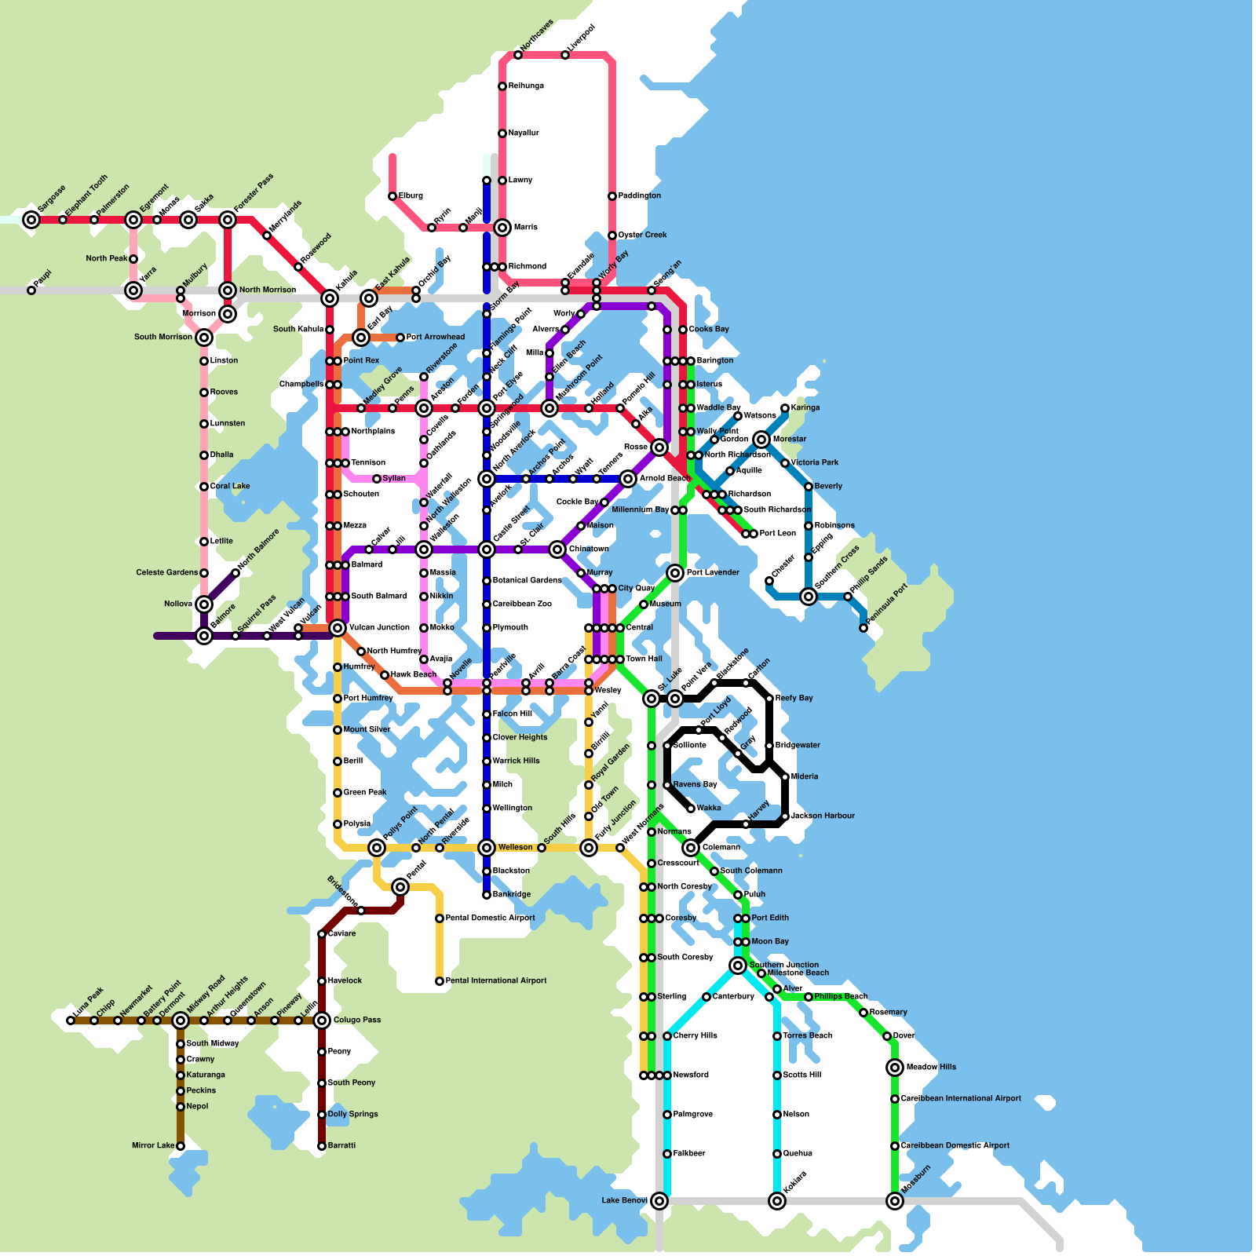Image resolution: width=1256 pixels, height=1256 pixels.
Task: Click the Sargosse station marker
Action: (31, 220)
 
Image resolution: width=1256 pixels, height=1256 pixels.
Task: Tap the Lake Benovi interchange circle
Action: (659, 1201)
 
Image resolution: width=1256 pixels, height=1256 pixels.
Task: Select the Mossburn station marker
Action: (895, 1201)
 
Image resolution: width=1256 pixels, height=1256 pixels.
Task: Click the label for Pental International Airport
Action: (495, 981)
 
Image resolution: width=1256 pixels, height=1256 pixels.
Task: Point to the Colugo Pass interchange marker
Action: (322, 1020)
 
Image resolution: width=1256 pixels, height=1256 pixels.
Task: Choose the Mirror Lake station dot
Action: (181, 1146)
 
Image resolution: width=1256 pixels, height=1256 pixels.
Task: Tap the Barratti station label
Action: (341, 1146)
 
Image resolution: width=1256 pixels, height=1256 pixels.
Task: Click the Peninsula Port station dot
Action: (863, 628)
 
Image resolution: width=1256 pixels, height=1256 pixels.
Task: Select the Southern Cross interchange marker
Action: (809, 597)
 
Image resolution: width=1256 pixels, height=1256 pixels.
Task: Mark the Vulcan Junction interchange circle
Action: (338, 628)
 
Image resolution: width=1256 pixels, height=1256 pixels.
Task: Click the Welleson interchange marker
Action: (487, 848)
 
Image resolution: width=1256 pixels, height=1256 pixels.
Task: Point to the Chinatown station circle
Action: (557, 549)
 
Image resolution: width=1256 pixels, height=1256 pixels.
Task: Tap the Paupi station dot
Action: (31, 290)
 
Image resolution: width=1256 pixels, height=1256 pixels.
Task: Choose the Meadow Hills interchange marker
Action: (895, 1068)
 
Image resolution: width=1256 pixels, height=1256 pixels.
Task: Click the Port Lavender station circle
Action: (675, 573)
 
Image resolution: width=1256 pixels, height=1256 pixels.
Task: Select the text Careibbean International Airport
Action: (961, 1099)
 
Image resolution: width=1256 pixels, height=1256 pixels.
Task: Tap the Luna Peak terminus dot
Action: (71, 1020)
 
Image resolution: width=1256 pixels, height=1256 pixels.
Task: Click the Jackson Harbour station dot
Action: (785, 816)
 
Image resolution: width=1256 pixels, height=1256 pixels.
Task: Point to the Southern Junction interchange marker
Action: (738, 966)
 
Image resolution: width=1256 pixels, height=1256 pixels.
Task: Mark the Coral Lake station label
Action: (229, 487)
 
